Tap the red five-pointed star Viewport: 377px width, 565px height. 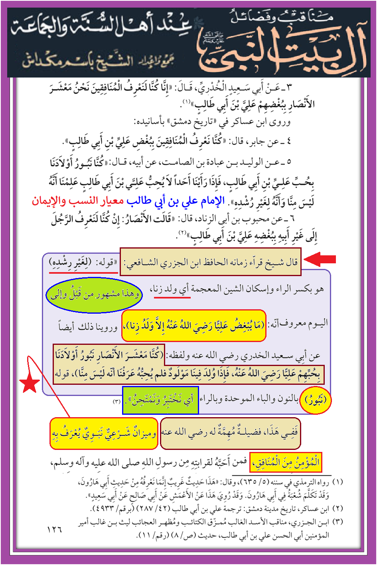(30, 384)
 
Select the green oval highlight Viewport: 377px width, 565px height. (94, 295)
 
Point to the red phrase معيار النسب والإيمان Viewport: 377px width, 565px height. (77, 200)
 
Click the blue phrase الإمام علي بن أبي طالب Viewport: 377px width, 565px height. (176, 201)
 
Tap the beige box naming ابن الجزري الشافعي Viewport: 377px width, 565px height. (210, 263)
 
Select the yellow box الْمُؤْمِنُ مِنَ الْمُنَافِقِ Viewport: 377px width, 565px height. (285, 462)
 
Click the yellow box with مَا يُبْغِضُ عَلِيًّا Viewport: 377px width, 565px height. (193, 326)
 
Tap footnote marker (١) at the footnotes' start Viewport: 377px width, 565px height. (337, 482)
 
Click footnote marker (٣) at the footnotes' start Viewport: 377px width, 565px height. (337, 521)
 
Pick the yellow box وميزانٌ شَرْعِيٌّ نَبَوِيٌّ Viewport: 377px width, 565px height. (104, 434)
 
